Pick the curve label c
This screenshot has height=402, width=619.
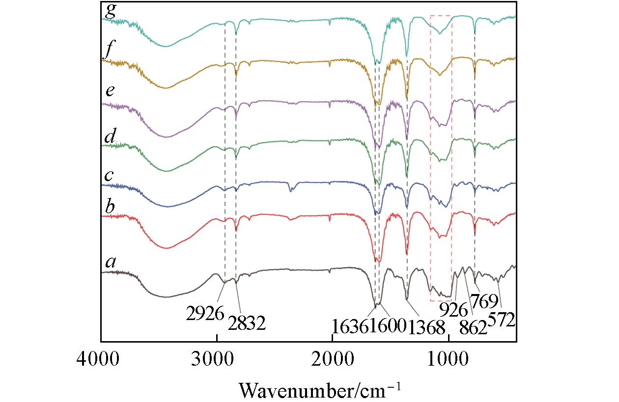click(110, 175)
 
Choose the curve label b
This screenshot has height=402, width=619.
click(110, 206)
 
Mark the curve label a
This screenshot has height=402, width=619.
click(111, 263)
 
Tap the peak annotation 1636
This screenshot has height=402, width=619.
click(350, 325)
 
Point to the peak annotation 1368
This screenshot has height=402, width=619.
click(426, 325)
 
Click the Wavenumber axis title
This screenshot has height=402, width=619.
click(320, 390)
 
